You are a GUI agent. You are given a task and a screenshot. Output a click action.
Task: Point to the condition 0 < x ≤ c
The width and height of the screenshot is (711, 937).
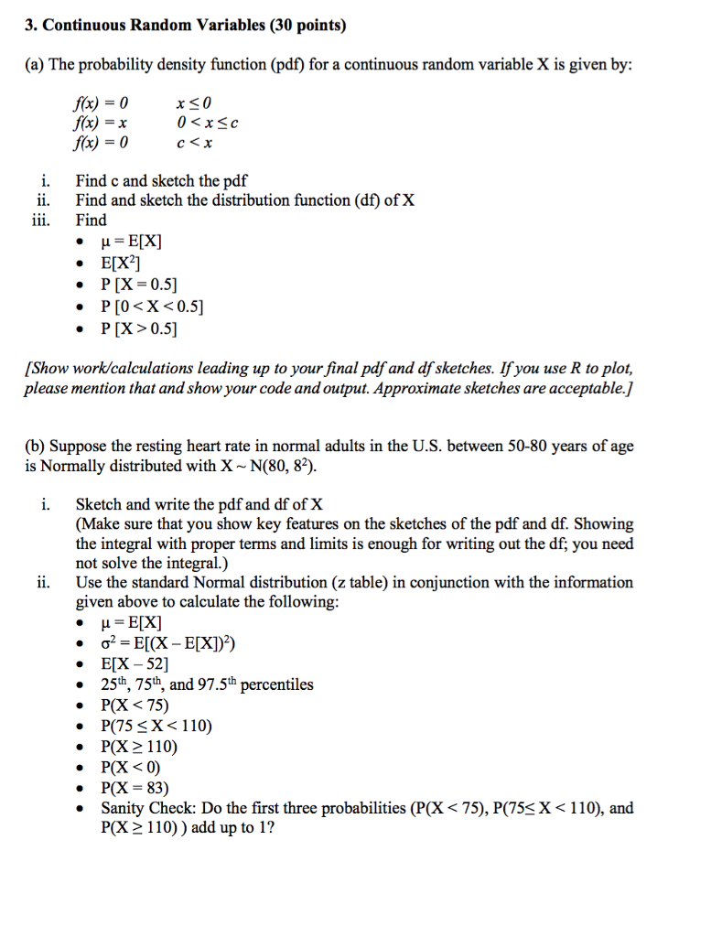coord(208,122)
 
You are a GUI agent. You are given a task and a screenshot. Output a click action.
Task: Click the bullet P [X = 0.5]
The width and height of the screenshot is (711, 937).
coord(139,285)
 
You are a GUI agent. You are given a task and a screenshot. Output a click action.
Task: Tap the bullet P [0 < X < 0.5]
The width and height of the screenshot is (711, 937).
coord(152,306)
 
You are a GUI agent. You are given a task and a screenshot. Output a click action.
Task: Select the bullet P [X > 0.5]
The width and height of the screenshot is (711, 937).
coord(139,328)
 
